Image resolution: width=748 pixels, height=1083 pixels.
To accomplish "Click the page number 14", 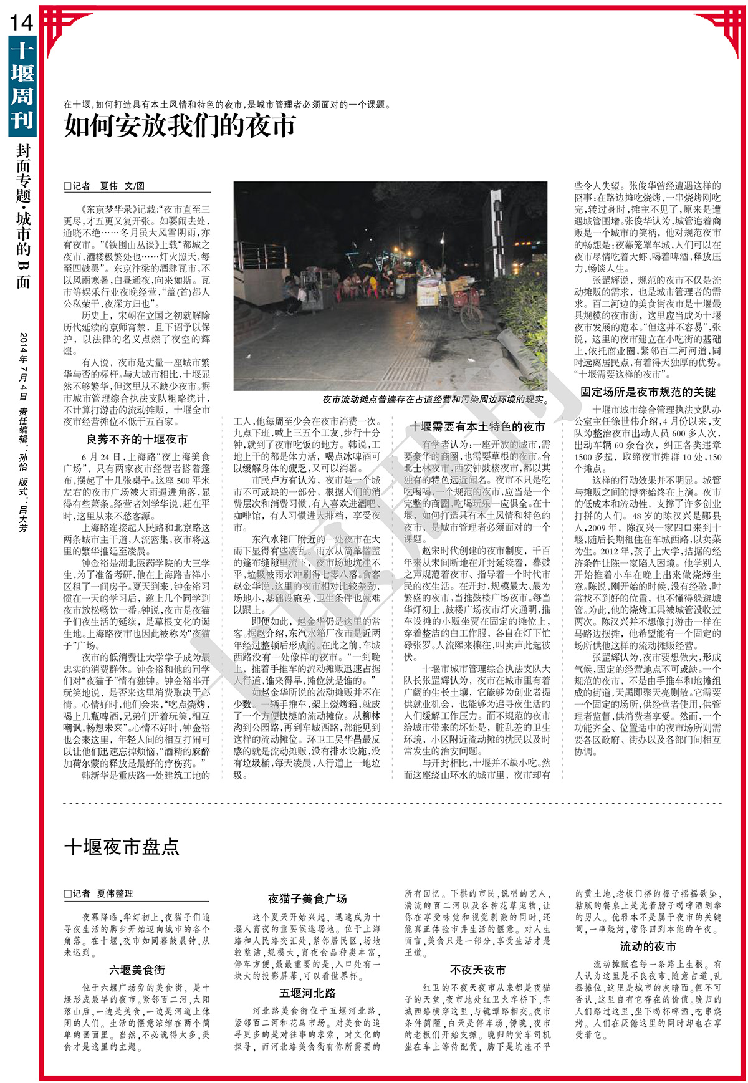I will click(21, 23).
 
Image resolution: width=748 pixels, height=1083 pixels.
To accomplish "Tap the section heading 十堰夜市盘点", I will click(122, 847).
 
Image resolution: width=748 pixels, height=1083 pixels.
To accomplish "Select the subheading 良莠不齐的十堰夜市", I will click(137, 440).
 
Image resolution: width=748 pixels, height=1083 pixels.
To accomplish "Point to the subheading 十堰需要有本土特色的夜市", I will click(477, 426).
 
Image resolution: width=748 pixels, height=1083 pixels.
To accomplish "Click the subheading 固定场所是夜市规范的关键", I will click(648, 392).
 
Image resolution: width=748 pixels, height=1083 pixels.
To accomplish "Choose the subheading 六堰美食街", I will click(137, 970).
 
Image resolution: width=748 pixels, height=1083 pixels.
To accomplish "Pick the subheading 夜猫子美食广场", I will click(307, 899).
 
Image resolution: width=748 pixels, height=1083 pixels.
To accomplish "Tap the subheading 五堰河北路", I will click(307, 993).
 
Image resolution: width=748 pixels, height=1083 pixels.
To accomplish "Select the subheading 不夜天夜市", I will click(477, 970).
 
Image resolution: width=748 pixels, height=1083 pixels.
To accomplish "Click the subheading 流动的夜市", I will click(648, 946).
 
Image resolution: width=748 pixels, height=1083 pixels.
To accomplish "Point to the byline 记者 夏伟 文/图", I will click(105, 186).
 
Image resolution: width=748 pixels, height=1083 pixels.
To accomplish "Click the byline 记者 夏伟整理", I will click(98, 893).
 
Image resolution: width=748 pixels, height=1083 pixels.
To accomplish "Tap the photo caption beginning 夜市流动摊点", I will click(434, 400).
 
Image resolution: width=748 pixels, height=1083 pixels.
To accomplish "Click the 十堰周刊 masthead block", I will click(22, 85).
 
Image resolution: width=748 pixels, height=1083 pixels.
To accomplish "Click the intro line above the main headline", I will click(228, 105).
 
